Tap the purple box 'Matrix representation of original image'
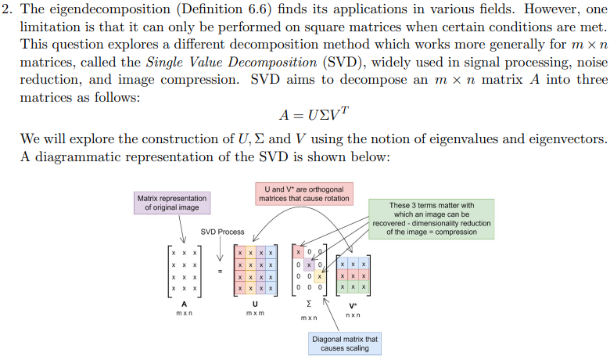coord(172,203)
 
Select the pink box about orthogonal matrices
coord(304,193)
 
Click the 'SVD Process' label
coord(222,232)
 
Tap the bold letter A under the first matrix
coord(185,304)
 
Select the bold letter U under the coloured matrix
coord(255,304)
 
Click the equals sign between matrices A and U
coord(219,272)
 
